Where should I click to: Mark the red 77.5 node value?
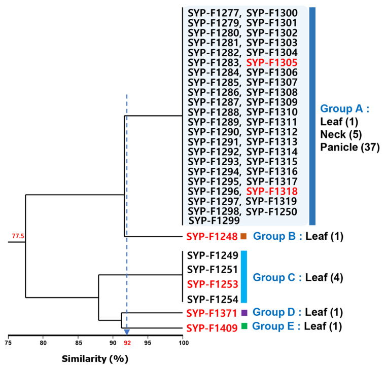18,236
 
